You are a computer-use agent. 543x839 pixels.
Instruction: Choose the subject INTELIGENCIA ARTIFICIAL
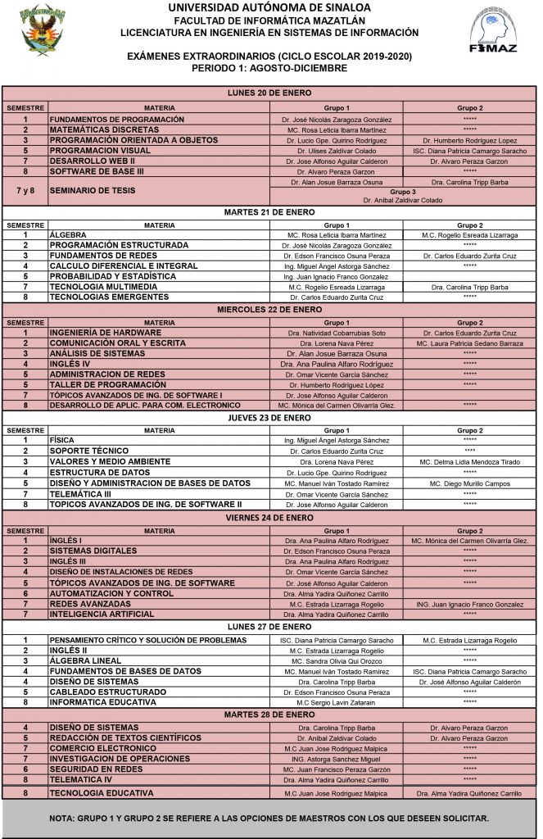tap(102, 614)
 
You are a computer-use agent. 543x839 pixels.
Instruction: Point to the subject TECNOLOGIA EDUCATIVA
tap(102, 794)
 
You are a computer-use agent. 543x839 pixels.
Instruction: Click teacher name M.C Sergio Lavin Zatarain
tap(336, 703)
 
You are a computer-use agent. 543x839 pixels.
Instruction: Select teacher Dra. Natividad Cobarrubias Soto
tap(336, 333)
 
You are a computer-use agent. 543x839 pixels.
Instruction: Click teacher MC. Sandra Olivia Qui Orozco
tap(336, 660)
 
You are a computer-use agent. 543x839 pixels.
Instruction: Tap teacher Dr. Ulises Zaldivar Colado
tap(336, 152)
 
